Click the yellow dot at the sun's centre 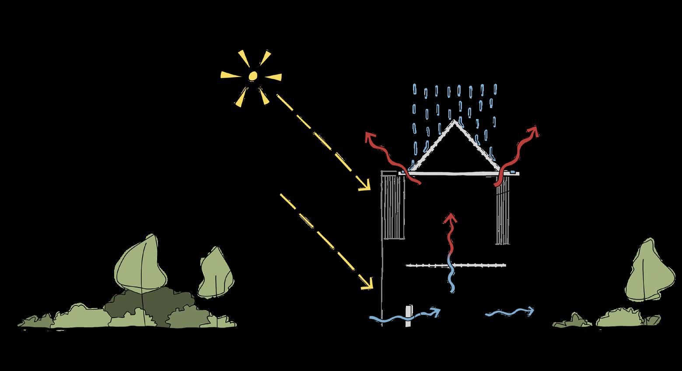tap(252, 77)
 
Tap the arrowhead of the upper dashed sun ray tap(366, 187)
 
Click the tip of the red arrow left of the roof tap(369, 134)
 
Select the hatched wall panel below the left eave tap(394, 206)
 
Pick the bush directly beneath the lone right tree tap(621, 318)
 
